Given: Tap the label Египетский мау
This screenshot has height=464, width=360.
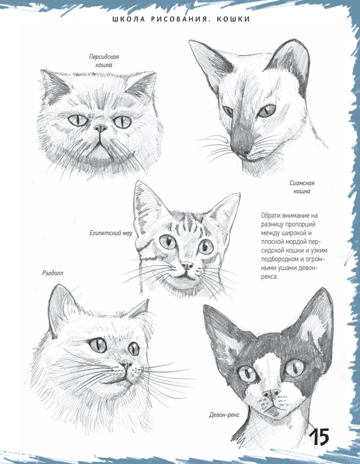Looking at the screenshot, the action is (111, 233).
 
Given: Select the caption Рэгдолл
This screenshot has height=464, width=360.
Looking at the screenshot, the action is (53, 273).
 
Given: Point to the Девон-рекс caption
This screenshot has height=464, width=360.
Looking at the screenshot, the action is (224, 415).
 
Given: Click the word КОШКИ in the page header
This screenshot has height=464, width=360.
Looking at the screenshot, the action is (234, 19).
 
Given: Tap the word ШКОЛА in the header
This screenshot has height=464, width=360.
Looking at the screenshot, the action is (129, 19).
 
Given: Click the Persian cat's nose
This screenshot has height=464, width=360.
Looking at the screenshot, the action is (101, 128).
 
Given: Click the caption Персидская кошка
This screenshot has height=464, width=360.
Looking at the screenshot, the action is (104, 61).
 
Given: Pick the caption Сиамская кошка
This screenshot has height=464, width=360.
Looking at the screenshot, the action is (302, 187).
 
